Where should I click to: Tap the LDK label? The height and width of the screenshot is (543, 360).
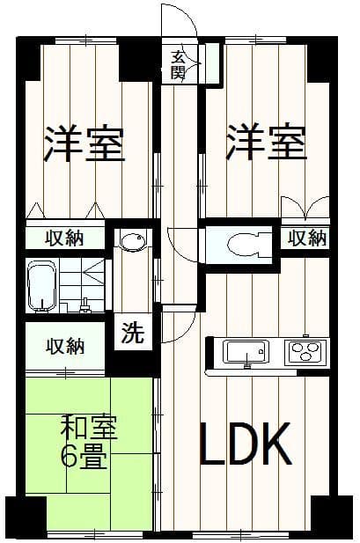click(244, 445)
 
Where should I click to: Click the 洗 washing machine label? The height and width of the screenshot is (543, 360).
click(132, 333)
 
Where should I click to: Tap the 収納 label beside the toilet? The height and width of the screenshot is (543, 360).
click(306, 237)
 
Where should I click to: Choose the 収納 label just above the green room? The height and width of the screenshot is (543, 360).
click(65, 346)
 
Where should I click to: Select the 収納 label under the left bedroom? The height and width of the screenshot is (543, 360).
click(65, 238)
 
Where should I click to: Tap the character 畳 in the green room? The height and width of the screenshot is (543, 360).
click(91, 458)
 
